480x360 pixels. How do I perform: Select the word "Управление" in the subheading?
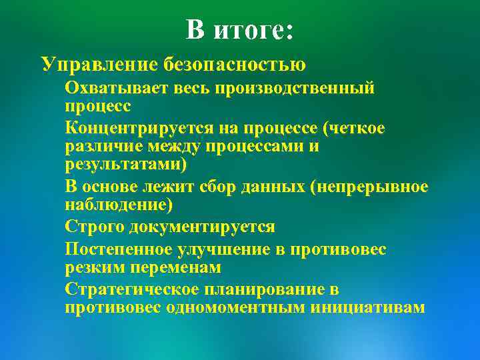98,65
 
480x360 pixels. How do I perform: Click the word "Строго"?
95,227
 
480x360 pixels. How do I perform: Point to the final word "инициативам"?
366,307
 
